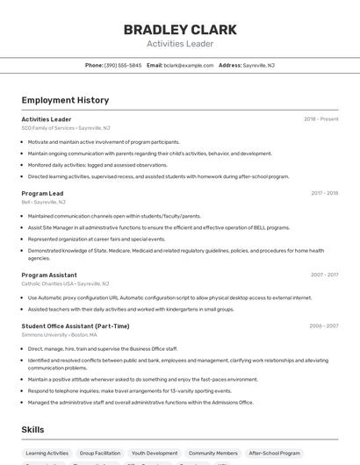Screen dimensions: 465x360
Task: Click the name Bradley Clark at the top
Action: tap(180, 30)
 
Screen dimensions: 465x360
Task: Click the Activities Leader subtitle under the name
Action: tap(180, 44)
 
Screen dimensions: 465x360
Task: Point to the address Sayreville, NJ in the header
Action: tap(258, 65)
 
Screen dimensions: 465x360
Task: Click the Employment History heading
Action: tap(65, 100)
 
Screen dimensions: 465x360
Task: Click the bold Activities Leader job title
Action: tap(47, 119)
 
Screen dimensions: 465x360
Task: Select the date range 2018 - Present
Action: tap(320, 119)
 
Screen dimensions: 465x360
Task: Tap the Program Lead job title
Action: tap(42, 193)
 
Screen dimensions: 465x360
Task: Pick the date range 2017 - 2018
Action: tap(324, 193)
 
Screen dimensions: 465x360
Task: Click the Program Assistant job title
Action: tap(49, 275)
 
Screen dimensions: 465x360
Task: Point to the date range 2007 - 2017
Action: tap(324, 275)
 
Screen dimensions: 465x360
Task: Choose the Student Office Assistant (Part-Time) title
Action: tap(76, 326)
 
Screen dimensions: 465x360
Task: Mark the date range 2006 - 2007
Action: tap(323, 326)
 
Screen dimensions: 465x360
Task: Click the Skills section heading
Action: tap(33, 430)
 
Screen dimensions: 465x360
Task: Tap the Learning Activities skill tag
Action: tap(47, 454)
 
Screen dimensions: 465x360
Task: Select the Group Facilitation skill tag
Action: tap(99, 454)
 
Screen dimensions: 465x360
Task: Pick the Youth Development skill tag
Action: tap(155, 454)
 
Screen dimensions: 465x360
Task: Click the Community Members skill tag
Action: tap(212, 454)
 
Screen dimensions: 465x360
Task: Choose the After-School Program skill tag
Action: tap(274, 454)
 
